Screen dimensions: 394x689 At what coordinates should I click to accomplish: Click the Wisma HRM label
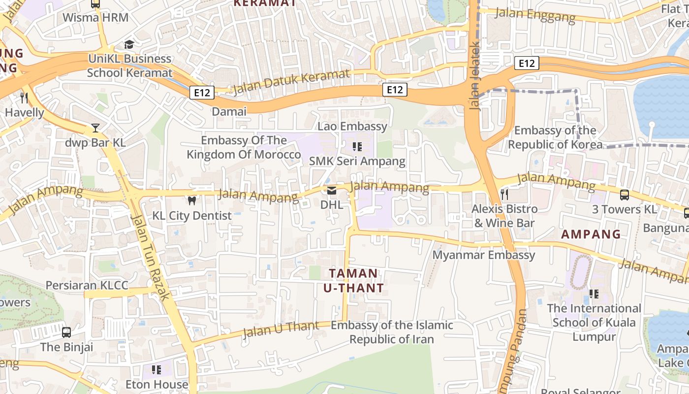tap(95, 18)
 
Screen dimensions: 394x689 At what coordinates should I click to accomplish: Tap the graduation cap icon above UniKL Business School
tap(129, 45)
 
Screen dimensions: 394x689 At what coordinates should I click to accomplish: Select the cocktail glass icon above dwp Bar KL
tap(95, 129)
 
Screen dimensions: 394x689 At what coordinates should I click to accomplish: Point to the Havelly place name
tap(25, 112)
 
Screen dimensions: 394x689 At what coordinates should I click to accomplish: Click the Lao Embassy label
tap(352, 126)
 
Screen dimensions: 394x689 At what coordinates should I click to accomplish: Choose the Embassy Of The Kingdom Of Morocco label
tap(244, 147)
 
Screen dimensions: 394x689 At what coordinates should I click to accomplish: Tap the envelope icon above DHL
tap(332, 191)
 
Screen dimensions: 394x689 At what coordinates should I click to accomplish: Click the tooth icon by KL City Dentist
tap(192, 201)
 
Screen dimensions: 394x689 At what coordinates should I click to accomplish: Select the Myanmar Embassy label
tap(484, 255)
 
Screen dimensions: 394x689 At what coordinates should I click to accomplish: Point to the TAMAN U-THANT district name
tap(353, 280)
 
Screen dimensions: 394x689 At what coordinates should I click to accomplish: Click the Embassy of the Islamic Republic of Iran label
tap(392, 332)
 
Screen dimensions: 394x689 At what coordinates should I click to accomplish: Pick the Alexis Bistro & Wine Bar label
tap(504, 216)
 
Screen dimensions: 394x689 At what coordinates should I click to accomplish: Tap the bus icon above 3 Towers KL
tap(625, 195)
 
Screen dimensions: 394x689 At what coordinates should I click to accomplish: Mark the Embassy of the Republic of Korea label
tap(555, 137)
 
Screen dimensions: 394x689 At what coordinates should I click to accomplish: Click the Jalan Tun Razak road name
tap(151, 256)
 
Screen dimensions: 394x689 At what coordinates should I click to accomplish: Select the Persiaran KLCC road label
tap(87, 285)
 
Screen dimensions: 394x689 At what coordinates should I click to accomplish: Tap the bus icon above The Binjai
tap(66, 332)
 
